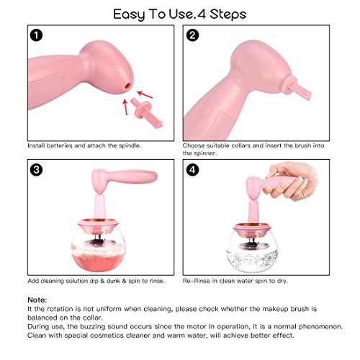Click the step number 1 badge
(36, 35)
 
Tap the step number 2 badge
(192, 35)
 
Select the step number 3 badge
(36, 170)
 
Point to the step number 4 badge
(192, 170)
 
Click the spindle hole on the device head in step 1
(128, 85)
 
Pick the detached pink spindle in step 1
(147, 112)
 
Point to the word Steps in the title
(228, 14)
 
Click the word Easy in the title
(129, 14)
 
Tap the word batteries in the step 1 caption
(59, 145)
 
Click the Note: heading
(37, 300)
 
